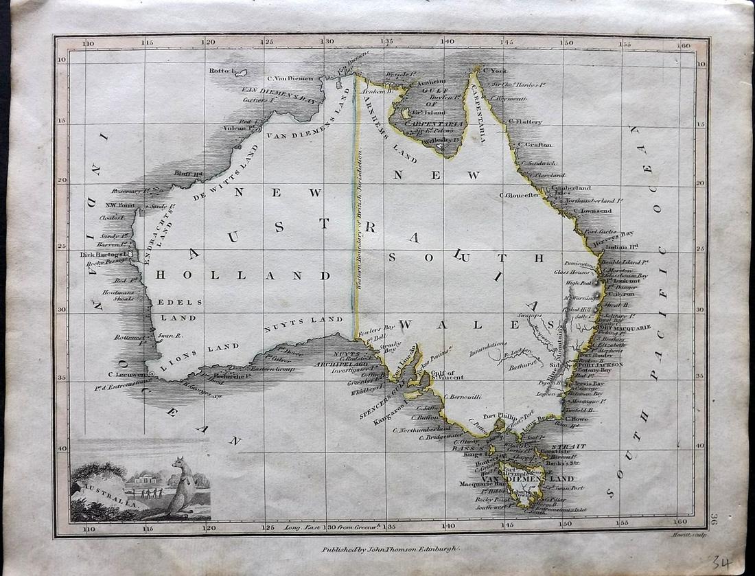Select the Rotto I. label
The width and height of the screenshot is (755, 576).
point(222,71)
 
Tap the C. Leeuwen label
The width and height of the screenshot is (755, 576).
point(128,375)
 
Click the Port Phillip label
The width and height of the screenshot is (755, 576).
point(499,415)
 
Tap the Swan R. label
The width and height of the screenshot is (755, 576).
point(169,336)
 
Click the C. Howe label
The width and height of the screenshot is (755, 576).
point(577,418)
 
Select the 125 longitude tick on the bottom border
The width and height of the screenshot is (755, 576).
point(268,527)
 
